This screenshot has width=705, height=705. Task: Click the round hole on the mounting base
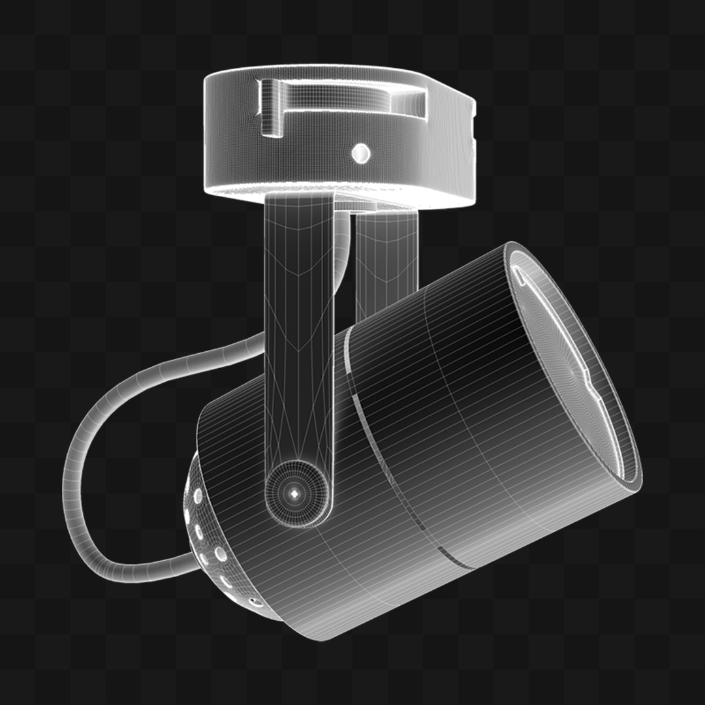pyautogui.click(x=360, y=153)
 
